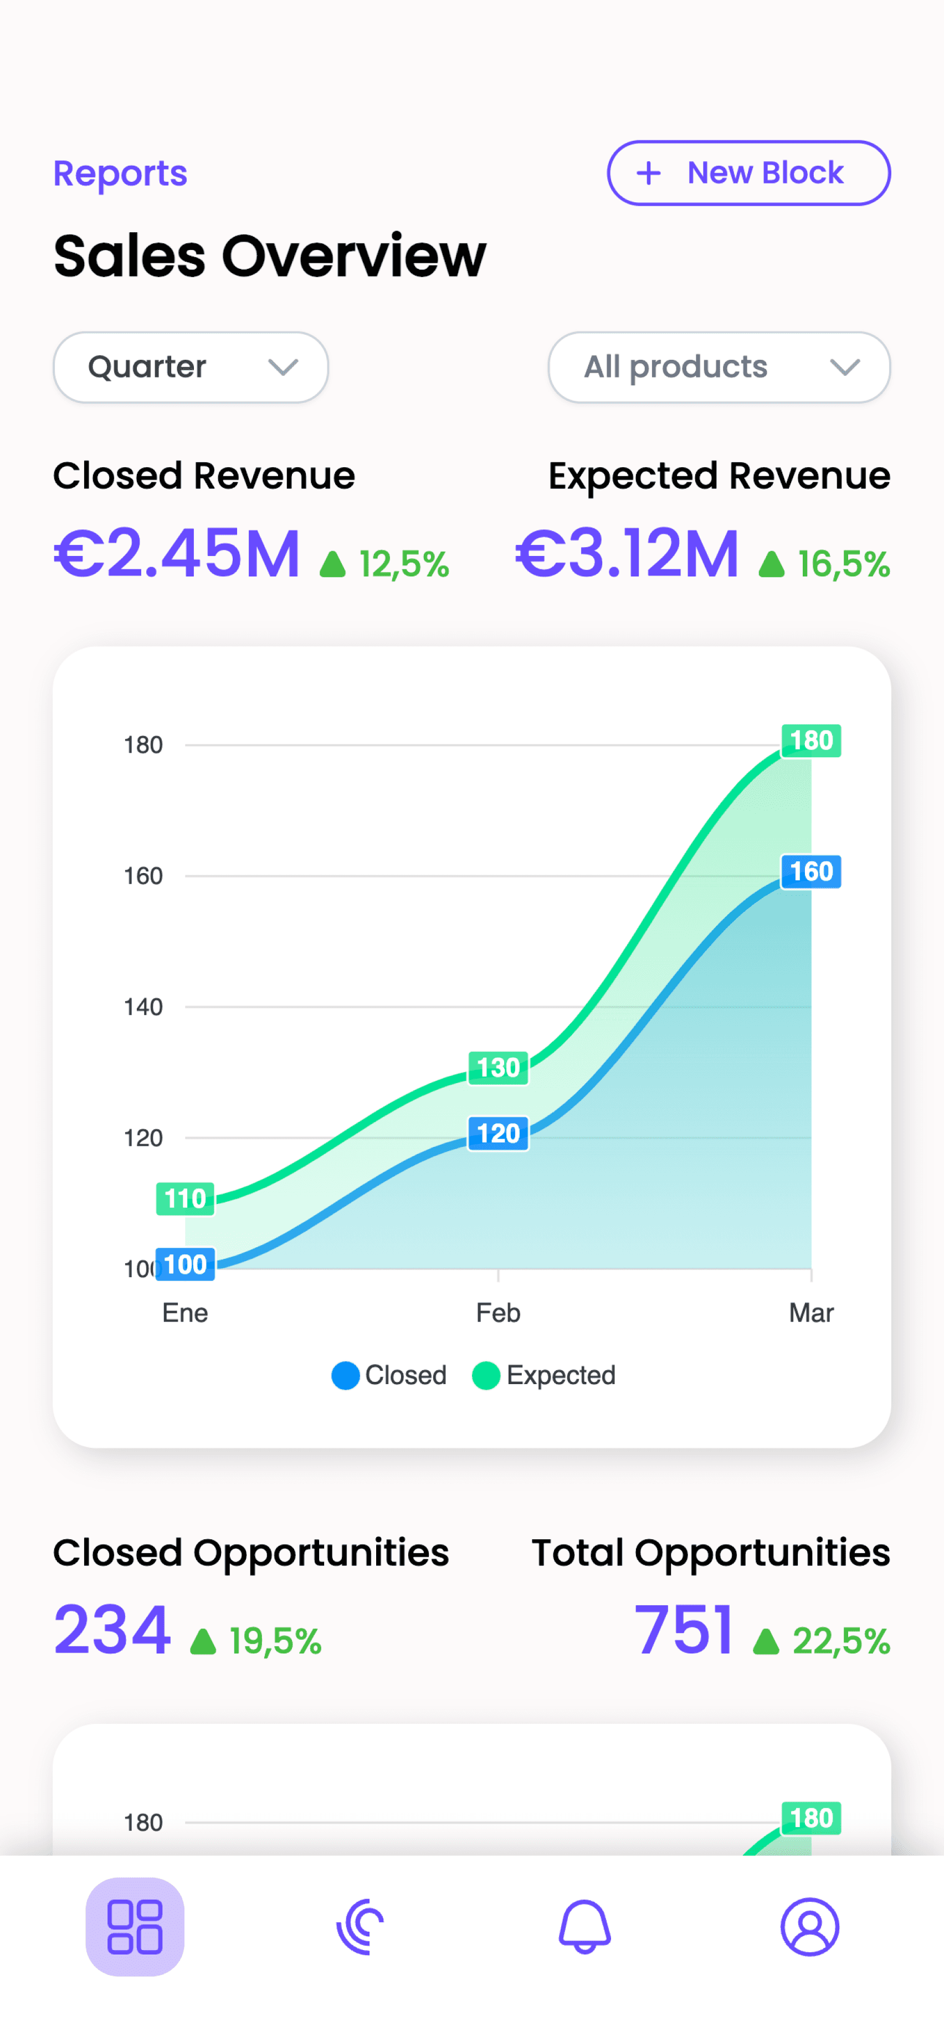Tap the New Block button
(748, 172)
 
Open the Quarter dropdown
(191, 366)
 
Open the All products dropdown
(719, 366)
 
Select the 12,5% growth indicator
(384, 564)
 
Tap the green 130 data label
(498, 1068)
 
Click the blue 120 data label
(498, 1134)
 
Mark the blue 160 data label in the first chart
(811, 871)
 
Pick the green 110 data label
(185, 1199)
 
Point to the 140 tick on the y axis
(143, 1007)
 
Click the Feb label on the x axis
(498, 1313)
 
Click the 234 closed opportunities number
(112, 1630)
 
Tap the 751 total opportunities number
(684, 1630)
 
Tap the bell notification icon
(584, 1927)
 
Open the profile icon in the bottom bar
(809, 1927)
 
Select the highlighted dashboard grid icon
(135, 1927)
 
